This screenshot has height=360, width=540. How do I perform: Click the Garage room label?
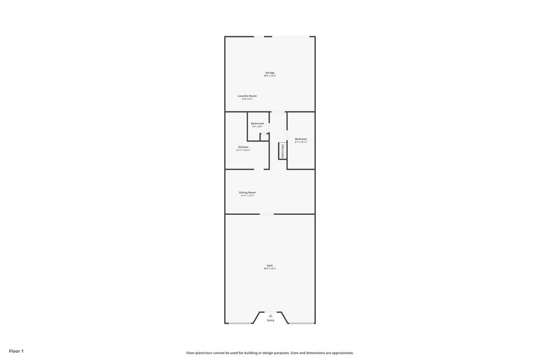pyautogui.click(x=270, y=72)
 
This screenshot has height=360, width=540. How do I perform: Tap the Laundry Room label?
pyautogui.click(x=247, y=96)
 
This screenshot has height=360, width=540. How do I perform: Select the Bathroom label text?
pyautogui.click(x=257, y=123)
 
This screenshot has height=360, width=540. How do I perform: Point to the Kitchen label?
pyautogui.click(x=243, y=147)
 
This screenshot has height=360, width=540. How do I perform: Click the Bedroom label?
pyautogui.click(x=301, y=139)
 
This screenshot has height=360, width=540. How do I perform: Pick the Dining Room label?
pyautogui.click(x=247, y=192)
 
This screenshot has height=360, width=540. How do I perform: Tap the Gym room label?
pyautogui.click(x=270, y=266)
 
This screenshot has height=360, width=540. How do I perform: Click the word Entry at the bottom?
pyautogui.click(x=270, y=320)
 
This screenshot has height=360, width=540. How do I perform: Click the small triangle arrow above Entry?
pyautogui.click(x=270, y=315)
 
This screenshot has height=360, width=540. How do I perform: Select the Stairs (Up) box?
pyautogui.click(x=282, y=151)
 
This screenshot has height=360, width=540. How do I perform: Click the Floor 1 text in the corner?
pyautogui.click(x=16, y=351)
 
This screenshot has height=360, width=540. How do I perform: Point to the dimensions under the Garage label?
pyautogui.click(x=270, y=76)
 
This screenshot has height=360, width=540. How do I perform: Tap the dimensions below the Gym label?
pyautogui.click(x=270, y=269)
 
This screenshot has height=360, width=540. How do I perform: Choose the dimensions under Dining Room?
pyautogui.click(x=247, y=196)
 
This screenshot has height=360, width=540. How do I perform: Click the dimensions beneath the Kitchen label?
pyautogui.click(x=243, y=150)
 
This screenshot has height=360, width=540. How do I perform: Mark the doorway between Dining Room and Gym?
pyautogui.click(x=267, y=214)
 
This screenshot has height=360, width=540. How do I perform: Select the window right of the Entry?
pyautogui.click(x=301, y=323)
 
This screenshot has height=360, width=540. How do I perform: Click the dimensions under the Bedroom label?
pyautogui.click(x=301, y=142)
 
